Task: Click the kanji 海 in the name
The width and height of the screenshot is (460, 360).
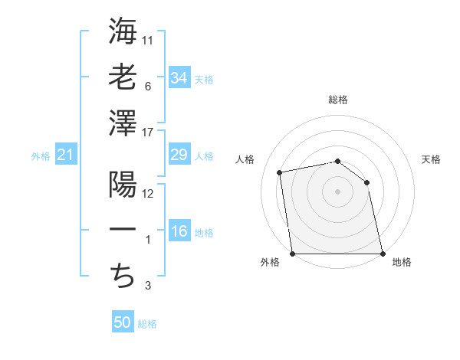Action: point(123,31)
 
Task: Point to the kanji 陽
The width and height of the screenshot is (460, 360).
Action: point(123,185)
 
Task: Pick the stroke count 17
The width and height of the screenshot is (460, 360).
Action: point(149,132)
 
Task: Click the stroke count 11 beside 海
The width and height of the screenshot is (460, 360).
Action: point(149,41)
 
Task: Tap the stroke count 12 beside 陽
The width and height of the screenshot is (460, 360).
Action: point(149,194)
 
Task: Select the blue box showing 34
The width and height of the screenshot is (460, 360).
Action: point(179,77)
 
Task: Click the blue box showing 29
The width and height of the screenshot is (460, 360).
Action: point(179,155)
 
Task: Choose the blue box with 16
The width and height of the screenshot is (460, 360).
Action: point(179,232)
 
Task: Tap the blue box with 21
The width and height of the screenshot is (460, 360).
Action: point(65,155)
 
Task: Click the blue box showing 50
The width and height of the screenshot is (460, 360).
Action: point(123,322)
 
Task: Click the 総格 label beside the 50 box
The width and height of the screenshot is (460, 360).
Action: point(147,324)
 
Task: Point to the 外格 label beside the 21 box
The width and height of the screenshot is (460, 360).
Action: point(41,156)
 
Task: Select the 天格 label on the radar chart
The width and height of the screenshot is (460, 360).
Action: point(431,159)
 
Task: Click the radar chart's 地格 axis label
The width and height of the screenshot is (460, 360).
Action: point(402,263)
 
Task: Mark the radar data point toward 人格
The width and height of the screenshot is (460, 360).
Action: point(281,172)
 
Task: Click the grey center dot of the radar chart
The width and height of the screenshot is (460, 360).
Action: point(337,191)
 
